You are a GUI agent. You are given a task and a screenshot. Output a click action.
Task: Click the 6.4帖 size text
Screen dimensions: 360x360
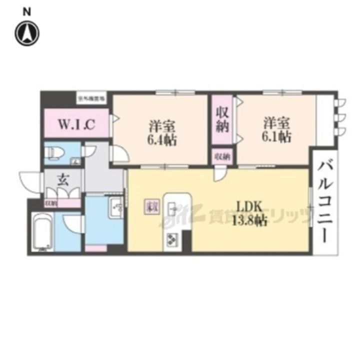[x=161, y=140]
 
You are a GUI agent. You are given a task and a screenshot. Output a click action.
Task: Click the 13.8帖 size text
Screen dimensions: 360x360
[x=248, y=221]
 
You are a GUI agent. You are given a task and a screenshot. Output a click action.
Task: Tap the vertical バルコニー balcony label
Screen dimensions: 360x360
[x=325, y=200]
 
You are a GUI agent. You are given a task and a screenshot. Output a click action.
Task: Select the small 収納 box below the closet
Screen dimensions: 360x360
[x=222, y=157]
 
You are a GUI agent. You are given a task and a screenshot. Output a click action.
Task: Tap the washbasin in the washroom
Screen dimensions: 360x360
[x=116, y=207]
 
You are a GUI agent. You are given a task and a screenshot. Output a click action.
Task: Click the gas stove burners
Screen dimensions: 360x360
[x=171, y=239]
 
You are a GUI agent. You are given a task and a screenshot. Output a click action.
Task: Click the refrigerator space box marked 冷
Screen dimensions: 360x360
[x=150, y=206]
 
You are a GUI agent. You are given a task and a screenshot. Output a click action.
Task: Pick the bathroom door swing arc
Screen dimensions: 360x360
[x=72, y=223]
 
